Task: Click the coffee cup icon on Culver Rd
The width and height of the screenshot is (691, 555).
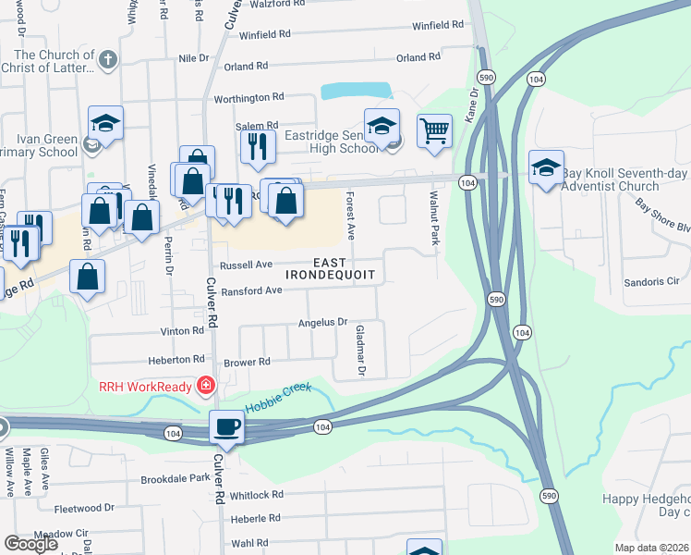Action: pos(226,426)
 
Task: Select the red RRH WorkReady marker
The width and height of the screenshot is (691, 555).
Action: pos(206,386)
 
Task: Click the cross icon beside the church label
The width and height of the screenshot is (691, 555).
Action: pos(107,61)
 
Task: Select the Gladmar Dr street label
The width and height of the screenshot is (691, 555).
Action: pos(360,351)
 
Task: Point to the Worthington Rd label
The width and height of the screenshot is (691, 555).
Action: pos(249,97)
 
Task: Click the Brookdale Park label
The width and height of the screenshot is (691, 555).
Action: pos(176,478)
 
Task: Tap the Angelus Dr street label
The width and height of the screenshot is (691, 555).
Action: pos(321,323)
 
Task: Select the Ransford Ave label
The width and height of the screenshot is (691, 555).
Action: pos(251,290)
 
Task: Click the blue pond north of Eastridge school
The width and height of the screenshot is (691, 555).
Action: pos(357,92)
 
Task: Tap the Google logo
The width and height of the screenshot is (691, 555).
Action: pos(30,543)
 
